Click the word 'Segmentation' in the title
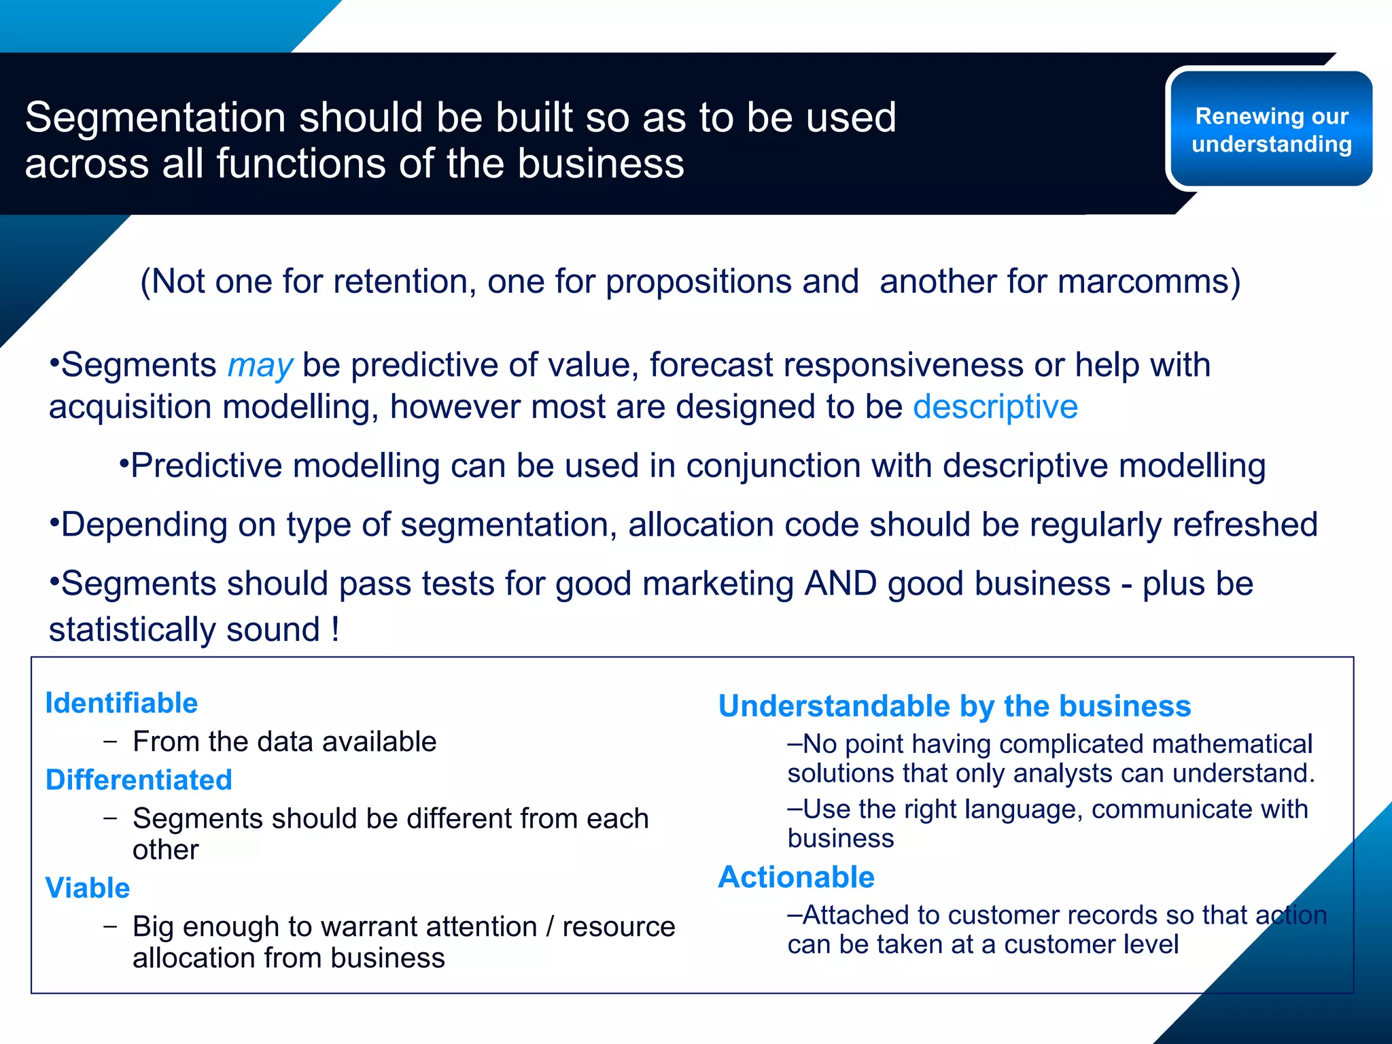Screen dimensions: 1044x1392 click(x=156, y=118)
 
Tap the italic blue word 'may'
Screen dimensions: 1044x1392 click(x=260, y=366)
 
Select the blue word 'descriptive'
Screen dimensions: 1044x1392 click(x=995, y=407)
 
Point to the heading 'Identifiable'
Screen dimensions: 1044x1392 click(x=121, y=703)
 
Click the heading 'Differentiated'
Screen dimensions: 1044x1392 click(x=139, y=780)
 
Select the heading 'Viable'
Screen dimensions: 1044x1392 click(x=87, y=888)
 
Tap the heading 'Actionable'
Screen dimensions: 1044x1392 click(x=796, y=877)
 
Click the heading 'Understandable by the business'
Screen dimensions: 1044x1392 click(x=954, y=706)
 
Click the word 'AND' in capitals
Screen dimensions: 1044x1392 click(x=840, y=584)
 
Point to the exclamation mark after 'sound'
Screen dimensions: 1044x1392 click(x=335, y=629)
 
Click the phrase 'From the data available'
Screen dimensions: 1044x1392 click(x=284, y=742)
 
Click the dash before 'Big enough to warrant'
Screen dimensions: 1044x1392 click(x=110, y=926)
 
